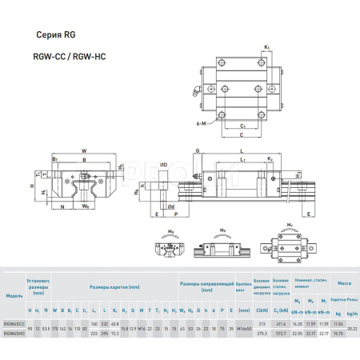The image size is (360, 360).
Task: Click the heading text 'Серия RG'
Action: pos(57,35)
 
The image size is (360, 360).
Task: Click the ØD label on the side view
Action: pos(163,164)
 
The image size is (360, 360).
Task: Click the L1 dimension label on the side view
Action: pos(243,159)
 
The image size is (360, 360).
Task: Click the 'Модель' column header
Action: pos(14,296)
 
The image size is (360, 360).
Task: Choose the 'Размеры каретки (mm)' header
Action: pos(114,286)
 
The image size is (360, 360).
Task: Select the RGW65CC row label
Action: pos(14,323)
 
